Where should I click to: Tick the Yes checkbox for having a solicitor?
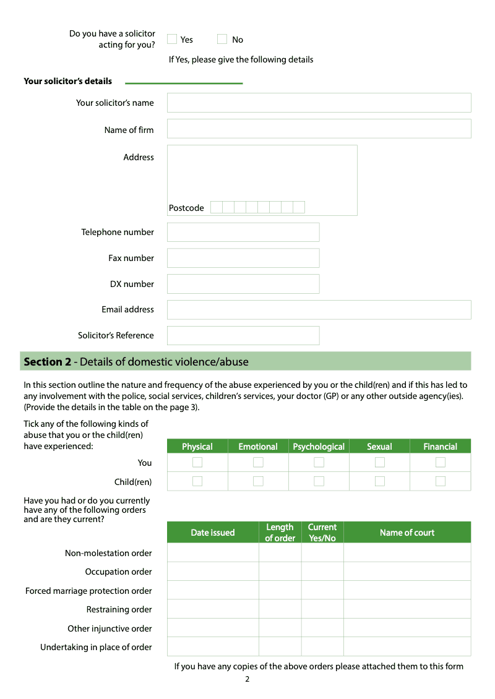172,39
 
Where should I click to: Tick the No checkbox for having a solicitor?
222,39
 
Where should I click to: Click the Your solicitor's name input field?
319,103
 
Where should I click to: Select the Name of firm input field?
319,129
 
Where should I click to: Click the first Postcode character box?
216,207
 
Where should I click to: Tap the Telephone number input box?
243,232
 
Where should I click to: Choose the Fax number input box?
243,258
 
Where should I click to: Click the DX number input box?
243,284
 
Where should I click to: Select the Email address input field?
319,310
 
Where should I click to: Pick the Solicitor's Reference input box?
243,335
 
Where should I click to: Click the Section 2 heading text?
136,362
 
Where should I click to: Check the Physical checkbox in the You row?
197,462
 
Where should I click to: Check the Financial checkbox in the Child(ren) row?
441,481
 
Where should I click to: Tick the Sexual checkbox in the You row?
380,462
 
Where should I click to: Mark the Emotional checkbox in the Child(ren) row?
258,481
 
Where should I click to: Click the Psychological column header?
319,447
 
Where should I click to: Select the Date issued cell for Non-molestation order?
213,552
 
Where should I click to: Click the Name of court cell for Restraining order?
407,609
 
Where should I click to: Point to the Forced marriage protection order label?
88,591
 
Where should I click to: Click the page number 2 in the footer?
247,679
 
